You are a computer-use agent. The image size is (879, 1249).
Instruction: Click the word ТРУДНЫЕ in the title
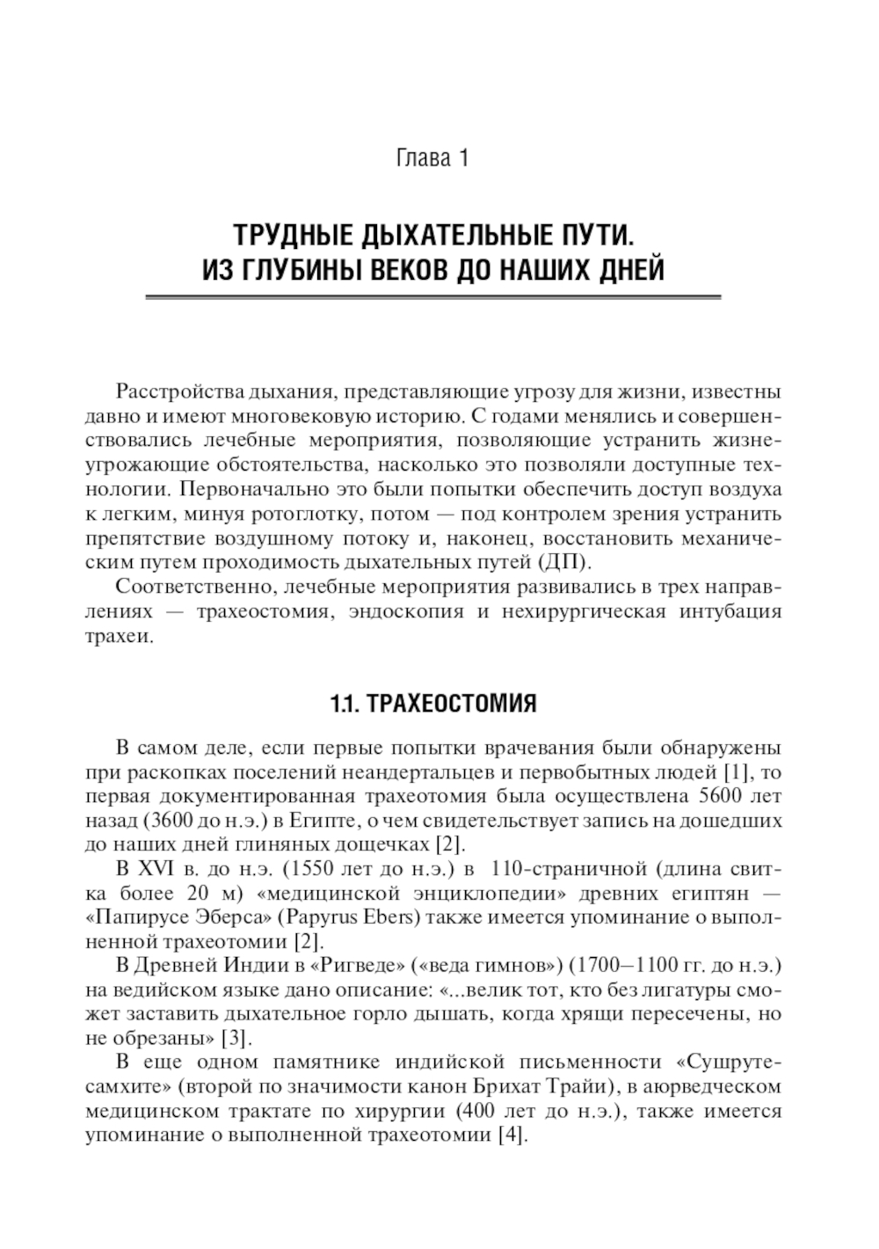[283, 236]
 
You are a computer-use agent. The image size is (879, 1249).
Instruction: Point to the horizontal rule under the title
[432, 298]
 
